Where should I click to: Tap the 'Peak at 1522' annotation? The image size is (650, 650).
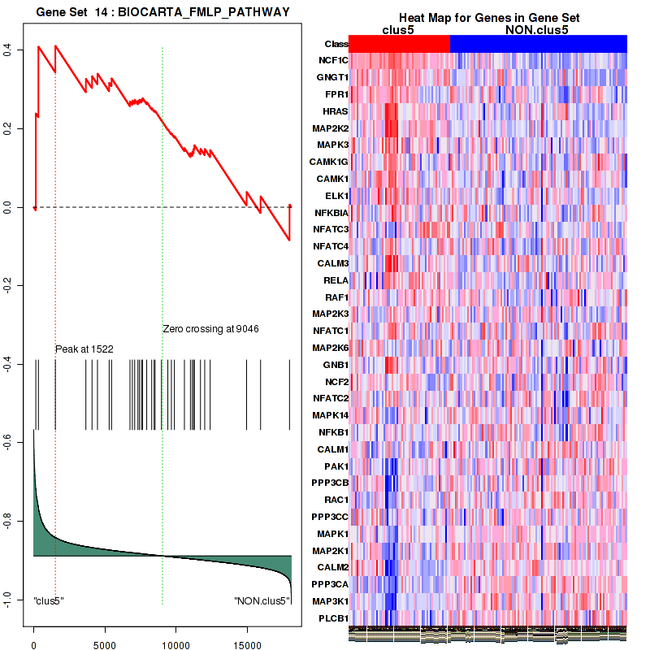pyautogui.click(x=84, y=349)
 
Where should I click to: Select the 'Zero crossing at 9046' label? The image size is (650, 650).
pyautogui.click(x=210, y=329)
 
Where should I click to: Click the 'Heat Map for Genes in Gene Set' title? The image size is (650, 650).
pyautogui.click(x=488, y=19)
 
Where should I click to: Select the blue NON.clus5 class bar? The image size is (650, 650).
pyautogui.click(x=538, y=44)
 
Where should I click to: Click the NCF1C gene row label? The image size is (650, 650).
pyautogui.click(x=333, y=61)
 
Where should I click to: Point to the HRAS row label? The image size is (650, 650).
pyautogui.click(x=336, y=111)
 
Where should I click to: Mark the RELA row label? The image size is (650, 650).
pyautogui.click(x=336, y=280)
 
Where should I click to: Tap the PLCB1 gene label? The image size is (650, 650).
pyautogui.click(x=334, y=618)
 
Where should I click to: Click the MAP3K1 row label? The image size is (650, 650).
pyautogui.click(x=331, y=601)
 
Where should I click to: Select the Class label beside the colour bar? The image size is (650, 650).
pyautogui.click(x=336, y=44)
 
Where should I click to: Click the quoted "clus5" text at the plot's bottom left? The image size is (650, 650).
pyautogui.click(x=49, y=601)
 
